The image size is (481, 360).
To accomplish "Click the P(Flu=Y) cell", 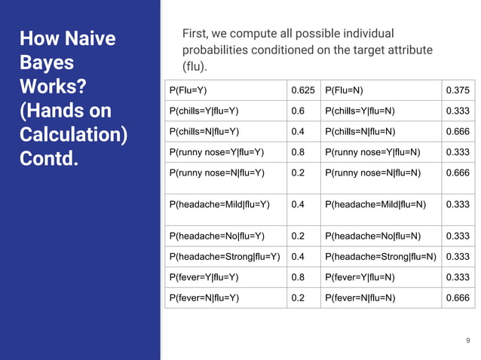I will pyautogui.click(x=188, y=91).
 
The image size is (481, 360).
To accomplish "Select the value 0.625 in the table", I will pyautogui.click(x=304, y=91).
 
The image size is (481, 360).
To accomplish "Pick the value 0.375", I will pyautogui.click(x=458, y=91).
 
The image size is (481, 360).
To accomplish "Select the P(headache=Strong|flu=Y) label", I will pyautogui.click(x=225, y=257).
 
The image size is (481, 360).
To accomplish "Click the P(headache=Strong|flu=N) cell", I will pyautogui.click(x=381, y=257).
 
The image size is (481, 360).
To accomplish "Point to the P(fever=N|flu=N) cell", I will pyautogui.click(x=360, y=298).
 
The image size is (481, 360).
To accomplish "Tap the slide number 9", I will pyautogui.click(x=467, y=341).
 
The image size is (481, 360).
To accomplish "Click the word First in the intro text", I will pyautogui.click(x=198, y=35).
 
